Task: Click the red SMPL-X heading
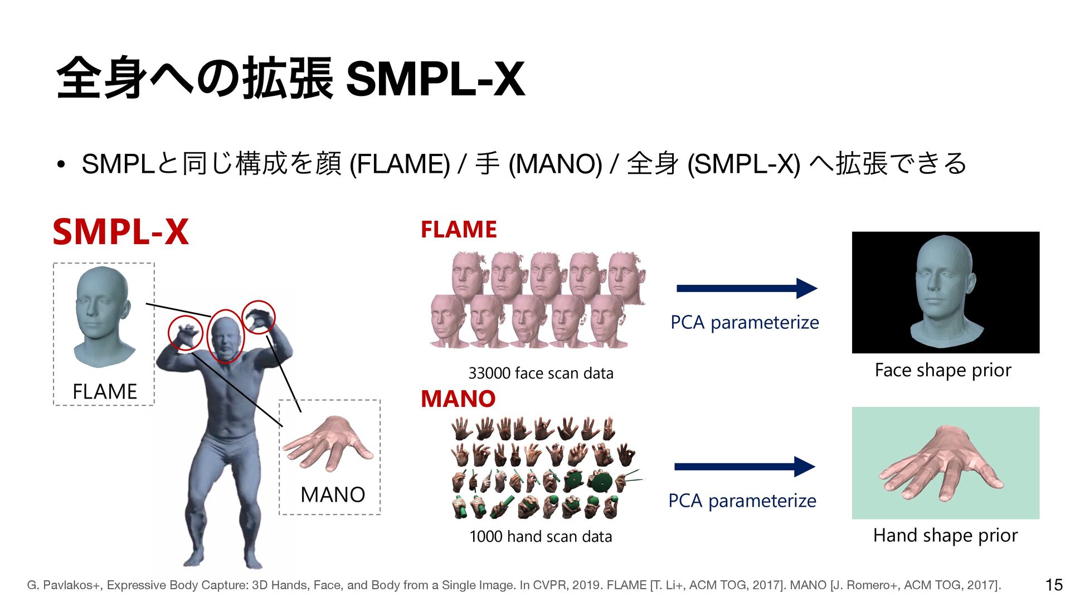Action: click(120, 232)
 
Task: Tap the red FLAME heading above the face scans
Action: click(458, 230)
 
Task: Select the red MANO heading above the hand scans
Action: click(458, 399)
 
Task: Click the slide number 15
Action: click(1054, 585)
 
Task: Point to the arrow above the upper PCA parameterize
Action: click(746, 288)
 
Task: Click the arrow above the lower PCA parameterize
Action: click(745, 467)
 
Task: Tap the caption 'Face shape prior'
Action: click(943, 370)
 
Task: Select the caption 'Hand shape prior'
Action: click(945, 535)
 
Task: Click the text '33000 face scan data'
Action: click(541, 373)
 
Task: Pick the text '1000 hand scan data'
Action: click(541, 537)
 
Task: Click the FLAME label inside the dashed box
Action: click(105, 391)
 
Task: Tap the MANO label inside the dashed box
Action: click(333, 494)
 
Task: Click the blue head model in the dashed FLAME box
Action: click(103, 315)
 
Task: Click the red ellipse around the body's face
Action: click(226, 337)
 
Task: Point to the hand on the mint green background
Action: click(941, 464)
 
